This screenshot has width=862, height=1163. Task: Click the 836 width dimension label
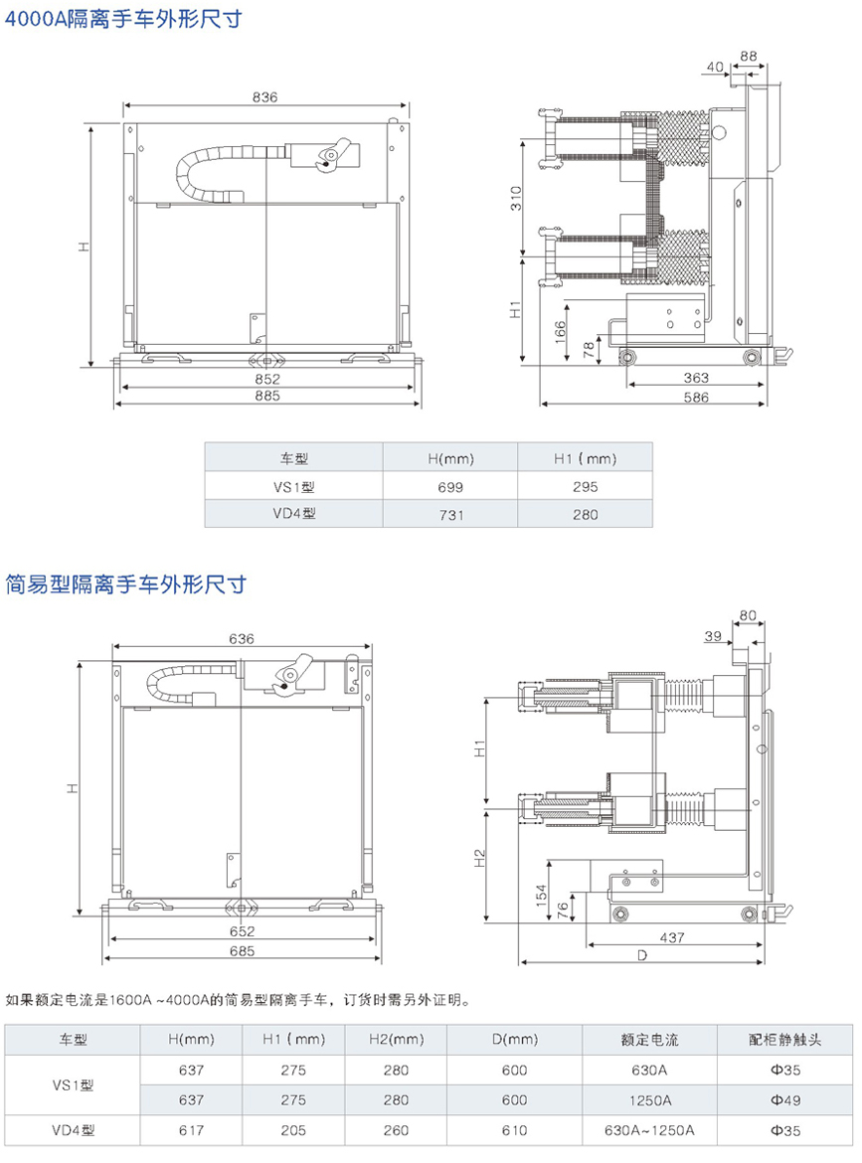point(264,97)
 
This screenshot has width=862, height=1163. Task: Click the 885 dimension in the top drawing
point(266,395)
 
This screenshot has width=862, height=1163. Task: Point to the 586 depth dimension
point(696,398)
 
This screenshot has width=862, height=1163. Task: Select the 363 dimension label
point(696,378)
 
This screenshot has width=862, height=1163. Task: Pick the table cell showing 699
point(450,487)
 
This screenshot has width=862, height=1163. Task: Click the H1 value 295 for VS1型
point(586,487)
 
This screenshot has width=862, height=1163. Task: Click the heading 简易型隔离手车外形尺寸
point(125,583)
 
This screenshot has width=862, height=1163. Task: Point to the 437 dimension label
point(673,937)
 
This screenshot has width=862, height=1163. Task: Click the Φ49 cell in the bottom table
point(785,1100)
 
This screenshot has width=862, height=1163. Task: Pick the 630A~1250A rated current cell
point(649,1130)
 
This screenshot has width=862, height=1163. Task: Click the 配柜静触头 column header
point(785,1040)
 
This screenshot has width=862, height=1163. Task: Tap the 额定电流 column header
point(649,1040)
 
